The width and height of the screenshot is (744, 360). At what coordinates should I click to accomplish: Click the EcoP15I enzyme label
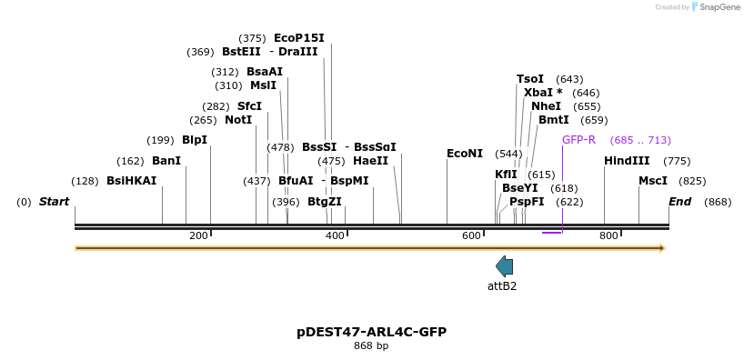(x=298, y=38)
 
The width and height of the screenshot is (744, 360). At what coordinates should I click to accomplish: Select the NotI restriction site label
(x=238, y=120)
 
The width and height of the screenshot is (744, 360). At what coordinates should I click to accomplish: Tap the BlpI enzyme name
(x=195, y=140)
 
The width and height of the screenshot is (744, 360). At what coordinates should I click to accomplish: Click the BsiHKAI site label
(x=132, y=181)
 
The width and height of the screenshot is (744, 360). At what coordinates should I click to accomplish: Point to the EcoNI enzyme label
(x=465, y=154)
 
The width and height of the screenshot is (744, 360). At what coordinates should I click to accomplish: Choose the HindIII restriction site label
(x=627, y=161)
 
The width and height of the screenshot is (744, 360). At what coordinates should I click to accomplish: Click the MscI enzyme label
(x=653, y=181)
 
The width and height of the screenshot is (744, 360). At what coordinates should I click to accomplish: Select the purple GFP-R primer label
(x=578, y=140)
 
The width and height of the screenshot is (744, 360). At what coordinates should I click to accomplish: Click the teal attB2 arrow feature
(x=504, y=266)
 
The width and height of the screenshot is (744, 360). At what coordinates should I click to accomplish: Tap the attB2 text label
(x=502, y=286)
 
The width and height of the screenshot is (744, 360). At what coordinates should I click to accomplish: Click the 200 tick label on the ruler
(x=198, y=236)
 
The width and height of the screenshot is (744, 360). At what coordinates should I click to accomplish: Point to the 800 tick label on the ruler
(x=608, y=236)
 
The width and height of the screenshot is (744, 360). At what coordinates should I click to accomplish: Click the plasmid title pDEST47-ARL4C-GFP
(x=371, y=332)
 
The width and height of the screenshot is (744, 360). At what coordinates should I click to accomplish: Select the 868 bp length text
(x=371, y=346)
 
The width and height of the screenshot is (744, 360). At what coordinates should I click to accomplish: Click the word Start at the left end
(x=54, y=202)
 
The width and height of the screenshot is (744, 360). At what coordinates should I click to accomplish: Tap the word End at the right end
(x=680, y=202)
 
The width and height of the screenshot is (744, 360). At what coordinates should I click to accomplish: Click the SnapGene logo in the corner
(x=716, y=7)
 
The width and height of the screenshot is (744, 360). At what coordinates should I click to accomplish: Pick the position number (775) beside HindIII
(x=677, y=161)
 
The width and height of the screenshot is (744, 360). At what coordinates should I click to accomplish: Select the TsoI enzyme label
(x=530, y=79)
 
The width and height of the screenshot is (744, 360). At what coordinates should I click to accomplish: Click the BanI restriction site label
(x=166, y=161)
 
